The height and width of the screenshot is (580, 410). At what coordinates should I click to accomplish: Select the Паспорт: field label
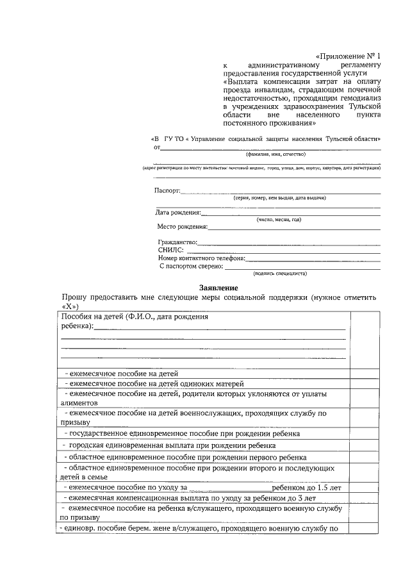[x=167, y=190]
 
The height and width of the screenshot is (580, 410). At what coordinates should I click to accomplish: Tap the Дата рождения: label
[x=178, y=213]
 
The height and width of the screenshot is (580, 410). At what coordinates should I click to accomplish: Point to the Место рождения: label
[x=183, y=226]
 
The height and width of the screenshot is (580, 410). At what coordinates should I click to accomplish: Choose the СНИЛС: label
[x=171, y=250]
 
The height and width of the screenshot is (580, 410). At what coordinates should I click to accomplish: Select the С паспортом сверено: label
[x=190, y=265]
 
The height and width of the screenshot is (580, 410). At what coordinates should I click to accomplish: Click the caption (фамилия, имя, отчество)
[x=271, y=154]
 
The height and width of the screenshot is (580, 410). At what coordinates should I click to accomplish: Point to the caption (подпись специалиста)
[x=280, y=273]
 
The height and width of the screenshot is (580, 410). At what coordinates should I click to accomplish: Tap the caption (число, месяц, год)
[x=279, y=219]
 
